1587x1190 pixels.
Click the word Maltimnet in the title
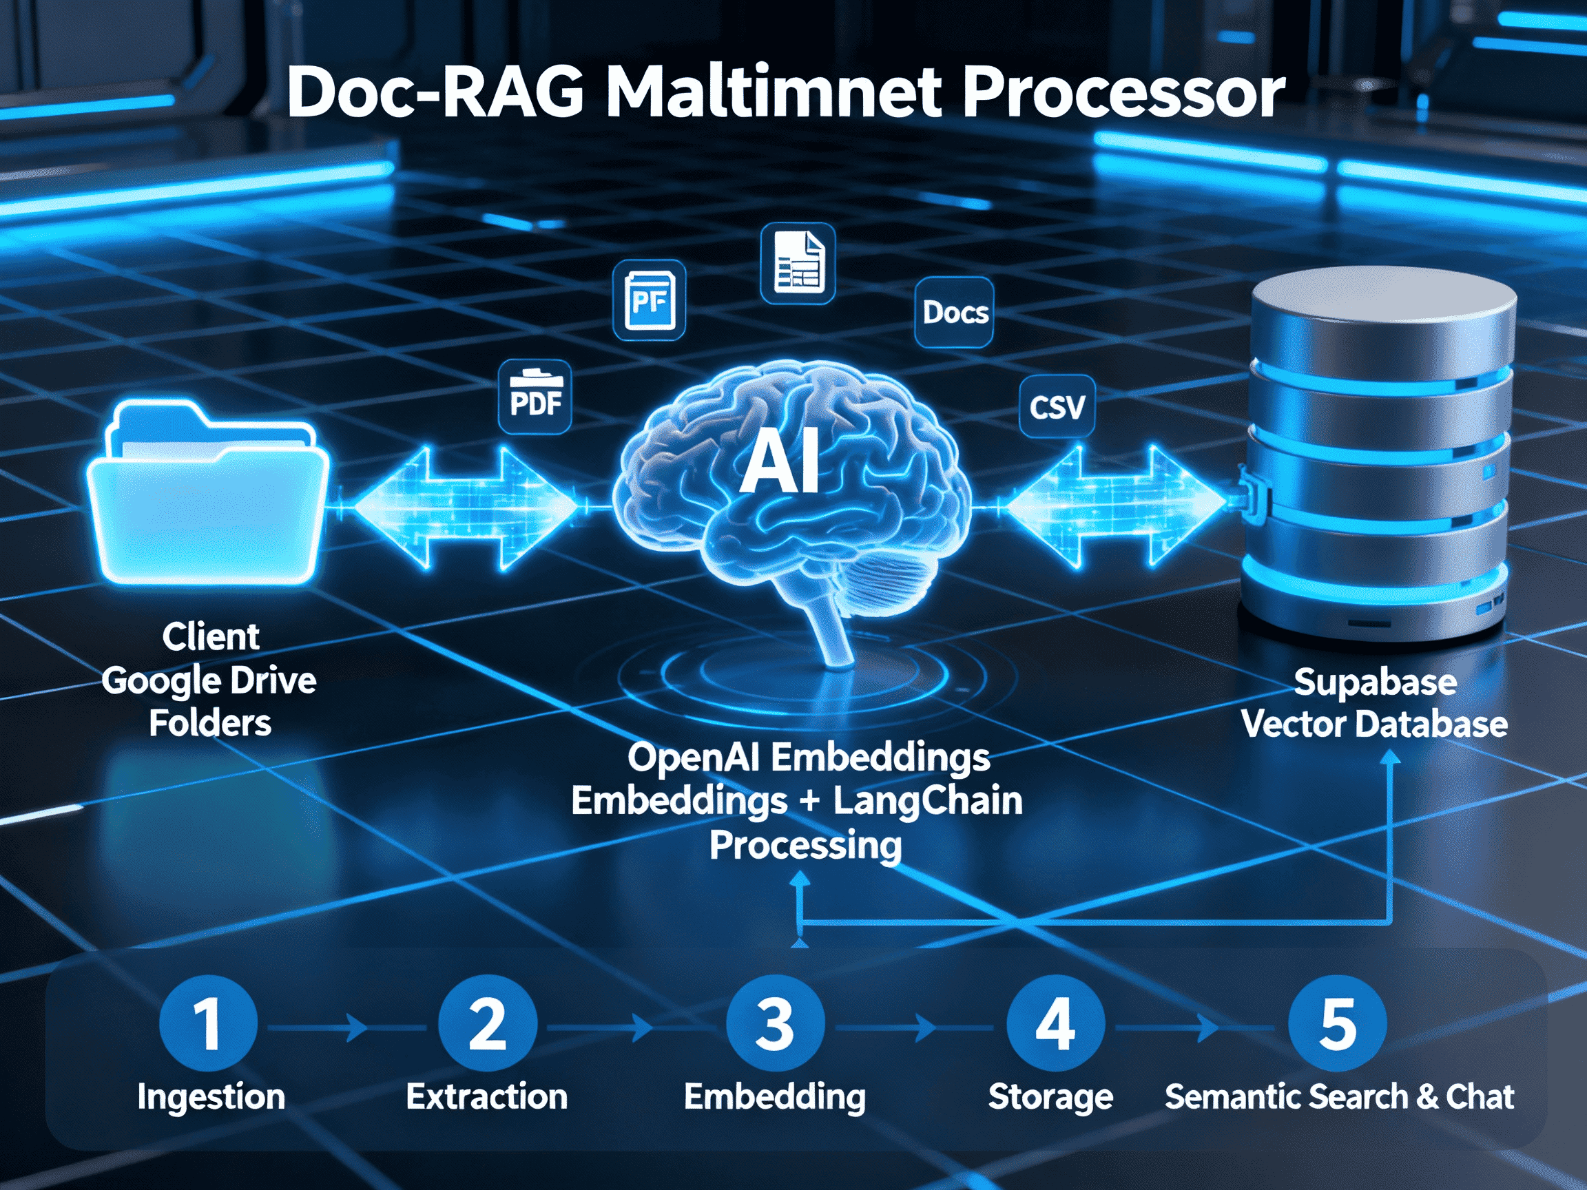coord(774,93)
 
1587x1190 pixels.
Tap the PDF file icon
coord(535,397)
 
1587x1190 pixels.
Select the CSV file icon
coord(1057,407)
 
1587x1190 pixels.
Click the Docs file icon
coord(954,312)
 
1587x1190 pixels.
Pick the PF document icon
coord(650,300)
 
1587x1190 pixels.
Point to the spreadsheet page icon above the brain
coord(798,262)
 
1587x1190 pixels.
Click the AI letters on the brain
coord(780,463)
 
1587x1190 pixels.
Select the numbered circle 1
coord(208,1023)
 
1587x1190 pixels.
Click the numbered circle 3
coord(775,1023)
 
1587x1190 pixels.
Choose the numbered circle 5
coord(1338,1023)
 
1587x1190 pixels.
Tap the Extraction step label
coord(486,1097)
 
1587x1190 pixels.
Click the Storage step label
coord(1050,1097)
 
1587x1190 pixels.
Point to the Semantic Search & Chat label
coord(1339,1097)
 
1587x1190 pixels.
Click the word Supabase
coord(1375,682)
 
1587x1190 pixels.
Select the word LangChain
coord(927,800)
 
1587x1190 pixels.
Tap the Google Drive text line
coord(209,680)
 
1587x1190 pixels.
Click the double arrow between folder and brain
coord(465,508)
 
